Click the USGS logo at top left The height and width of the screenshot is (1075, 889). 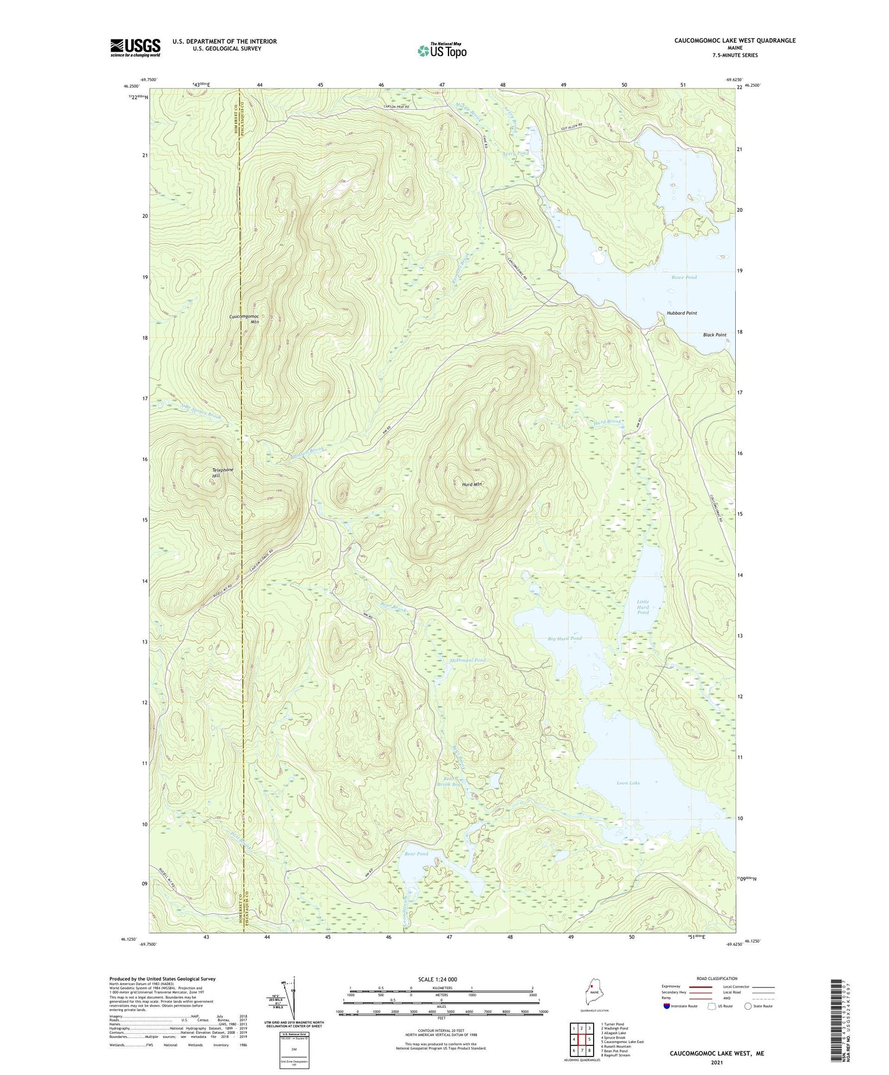[135, 47]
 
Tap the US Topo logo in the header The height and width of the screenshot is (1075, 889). [441, 50]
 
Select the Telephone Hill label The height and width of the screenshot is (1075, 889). [223, 473]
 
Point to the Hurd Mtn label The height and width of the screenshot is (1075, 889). [471, 485]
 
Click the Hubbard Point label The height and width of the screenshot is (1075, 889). [682, 313]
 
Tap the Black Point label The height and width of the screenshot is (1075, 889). [714, 335]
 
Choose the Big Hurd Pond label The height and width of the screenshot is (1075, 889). [564, 638]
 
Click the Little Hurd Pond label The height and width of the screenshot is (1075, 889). [642, 607]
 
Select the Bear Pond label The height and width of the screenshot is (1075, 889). [416, 854]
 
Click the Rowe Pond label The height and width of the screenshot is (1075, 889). [684, 277]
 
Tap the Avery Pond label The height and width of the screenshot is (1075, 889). [515, 153]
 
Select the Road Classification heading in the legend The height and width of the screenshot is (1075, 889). [717, 978]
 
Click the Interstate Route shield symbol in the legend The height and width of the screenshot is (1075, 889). [667, 1007]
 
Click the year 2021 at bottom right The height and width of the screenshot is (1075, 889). [717, 1063]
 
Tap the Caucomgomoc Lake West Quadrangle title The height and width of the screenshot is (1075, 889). [735, 41]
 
